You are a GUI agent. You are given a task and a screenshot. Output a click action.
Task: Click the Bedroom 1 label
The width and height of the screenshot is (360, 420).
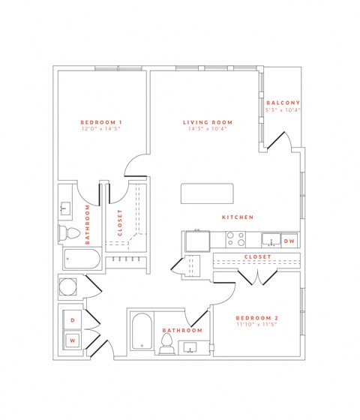[101, 121]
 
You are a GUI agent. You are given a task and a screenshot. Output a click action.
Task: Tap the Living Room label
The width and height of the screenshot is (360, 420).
[208, 121]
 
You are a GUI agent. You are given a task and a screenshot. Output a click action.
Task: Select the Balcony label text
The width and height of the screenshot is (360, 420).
[283, 102]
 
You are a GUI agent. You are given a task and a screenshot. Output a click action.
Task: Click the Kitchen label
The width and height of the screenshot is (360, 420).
[237, 217]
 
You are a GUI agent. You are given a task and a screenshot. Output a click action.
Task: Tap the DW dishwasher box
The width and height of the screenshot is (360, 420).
[289, 241]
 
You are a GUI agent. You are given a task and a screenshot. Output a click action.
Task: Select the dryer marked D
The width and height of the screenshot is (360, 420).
[73, 320]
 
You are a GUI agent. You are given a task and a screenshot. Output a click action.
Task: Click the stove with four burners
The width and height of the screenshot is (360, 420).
[235, 239]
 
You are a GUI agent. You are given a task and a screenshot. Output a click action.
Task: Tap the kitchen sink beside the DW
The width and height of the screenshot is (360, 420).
[268, 241]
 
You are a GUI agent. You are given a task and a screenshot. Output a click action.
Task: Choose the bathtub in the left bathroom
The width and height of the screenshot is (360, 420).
[80, 259]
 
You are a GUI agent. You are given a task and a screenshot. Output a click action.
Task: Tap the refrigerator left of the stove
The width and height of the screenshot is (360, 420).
[197, 241]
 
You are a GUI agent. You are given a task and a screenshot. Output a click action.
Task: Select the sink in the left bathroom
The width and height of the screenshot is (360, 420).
[66, 207]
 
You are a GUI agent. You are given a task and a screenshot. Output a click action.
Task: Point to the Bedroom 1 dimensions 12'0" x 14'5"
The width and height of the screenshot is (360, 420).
[101, 129]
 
